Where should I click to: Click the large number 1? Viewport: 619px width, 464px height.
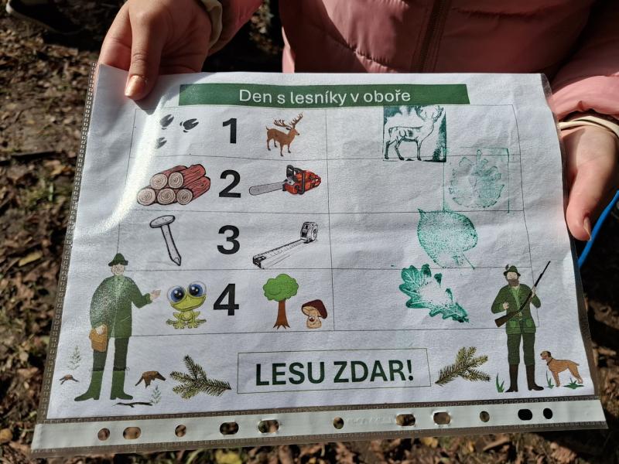click(231, 131)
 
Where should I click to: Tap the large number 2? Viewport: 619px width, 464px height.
click(230, 184)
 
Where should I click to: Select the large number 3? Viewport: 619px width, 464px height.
click(228, 240)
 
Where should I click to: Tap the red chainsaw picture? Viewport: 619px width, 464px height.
click(286, 181)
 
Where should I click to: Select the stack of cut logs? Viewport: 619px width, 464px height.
click(173, 185)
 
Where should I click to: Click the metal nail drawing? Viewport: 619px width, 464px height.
click(166, 239)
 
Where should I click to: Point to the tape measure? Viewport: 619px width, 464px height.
click(286, 245)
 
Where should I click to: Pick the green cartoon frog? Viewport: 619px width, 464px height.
click(186, 305)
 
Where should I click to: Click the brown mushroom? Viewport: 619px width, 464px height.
click(314, 314)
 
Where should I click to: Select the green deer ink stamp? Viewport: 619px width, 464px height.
click(415, 133)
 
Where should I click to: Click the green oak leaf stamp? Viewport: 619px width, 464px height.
click(433, 292)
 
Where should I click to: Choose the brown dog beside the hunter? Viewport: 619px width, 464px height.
click(562, 369)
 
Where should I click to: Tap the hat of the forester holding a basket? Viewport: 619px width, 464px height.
click(118, 259)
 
